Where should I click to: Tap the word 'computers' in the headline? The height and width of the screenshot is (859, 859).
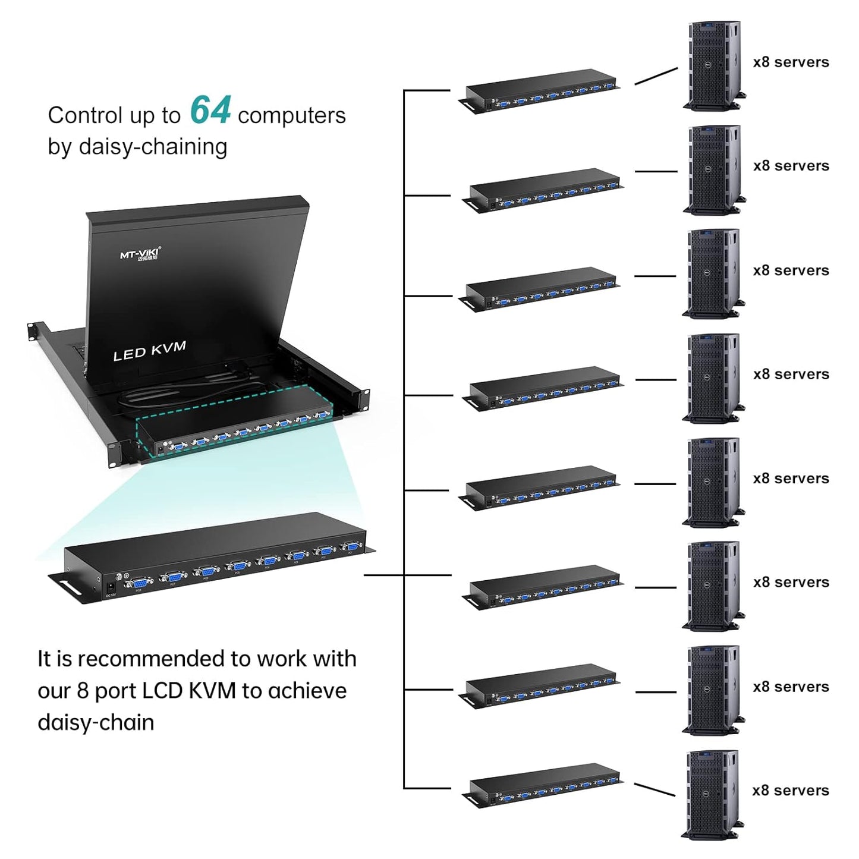pos(291,116)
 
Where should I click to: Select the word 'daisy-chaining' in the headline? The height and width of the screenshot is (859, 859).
pos(153,147)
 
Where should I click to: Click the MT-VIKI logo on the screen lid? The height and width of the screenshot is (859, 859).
pos(140,254)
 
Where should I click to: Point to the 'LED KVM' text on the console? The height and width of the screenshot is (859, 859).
pos(149,351)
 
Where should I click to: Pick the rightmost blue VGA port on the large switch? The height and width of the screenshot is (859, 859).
pos(351,548)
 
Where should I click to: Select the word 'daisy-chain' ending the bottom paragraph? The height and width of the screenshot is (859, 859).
pos(96,723)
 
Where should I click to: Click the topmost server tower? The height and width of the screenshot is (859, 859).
pos(713,65)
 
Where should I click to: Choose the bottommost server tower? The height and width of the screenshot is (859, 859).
pos(712,794)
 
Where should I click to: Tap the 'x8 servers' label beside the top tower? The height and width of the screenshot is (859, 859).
pos(791,62)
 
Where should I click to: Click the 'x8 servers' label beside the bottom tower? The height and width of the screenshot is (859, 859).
pos(791,791)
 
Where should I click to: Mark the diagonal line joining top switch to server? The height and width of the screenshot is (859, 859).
pos(656,76)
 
